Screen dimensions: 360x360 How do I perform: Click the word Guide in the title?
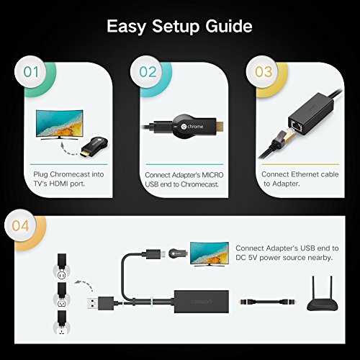tap(229, 26)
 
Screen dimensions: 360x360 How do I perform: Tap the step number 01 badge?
tap(31, 72)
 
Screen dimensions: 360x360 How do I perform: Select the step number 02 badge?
tap(147, 72)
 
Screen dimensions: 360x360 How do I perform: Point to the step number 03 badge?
tap(263, 72)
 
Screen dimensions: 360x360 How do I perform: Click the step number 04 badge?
tap(21, 225)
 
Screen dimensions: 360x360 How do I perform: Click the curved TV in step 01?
tap(60, 125)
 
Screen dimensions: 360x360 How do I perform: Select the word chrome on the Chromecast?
tap(195, 127)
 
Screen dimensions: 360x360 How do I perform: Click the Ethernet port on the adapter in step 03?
tap(296, 125)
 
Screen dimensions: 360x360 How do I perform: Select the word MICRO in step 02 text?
tap(212, 175)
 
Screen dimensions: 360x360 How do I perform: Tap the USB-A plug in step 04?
tap(100, 303)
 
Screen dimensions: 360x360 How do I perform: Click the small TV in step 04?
tap(210, 253)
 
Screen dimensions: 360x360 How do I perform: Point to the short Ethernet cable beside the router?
tap(266, 301)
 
